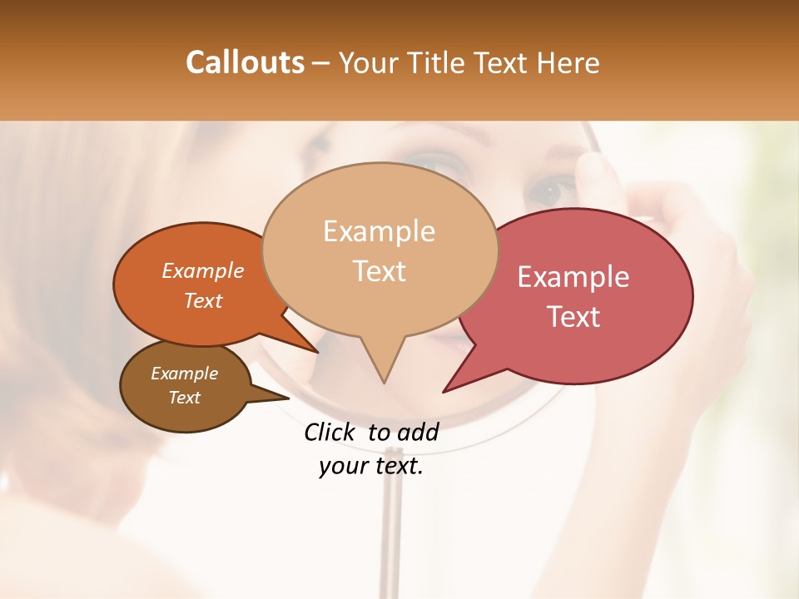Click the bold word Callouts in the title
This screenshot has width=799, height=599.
(x=245, y=62)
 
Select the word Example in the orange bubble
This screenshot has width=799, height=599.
(x=202, y=270)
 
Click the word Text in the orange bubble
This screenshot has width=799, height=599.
(x=202, y=300)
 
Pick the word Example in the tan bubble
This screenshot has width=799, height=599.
(x=379, y=231)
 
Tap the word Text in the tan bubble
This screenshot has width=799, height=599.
(x=379, y=270)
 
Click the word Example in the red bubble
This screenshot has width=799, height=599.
(x=573, y=277)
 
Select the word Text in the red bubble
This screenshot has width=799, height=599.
(x=573, y=316)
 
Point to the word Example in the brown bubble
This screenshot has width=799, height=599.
(x=184, y=374)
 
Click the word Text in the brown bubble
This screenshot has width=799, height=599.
(x=184, y=398)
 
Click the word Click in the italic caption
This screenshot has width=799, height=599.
(x=331, y=432)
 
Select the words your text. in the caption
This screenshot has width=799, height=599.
(x=370, y=466)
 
